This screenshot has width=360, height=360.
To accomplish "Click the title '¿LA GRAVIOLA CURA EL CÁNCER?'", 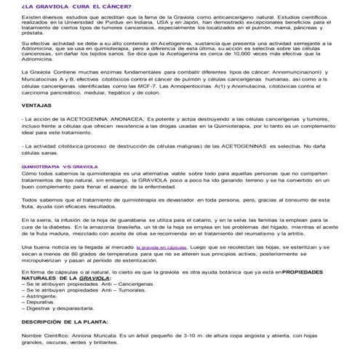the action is point(65,6).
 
